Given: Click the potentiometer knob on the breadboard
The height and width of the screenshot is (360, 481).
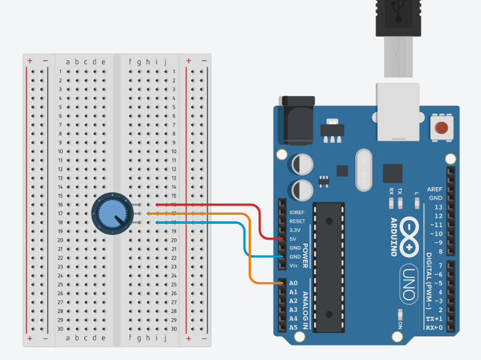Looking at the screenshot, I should point(110,213).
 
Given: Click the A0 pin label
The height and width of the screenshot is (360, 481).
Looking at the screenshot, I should point(293,283).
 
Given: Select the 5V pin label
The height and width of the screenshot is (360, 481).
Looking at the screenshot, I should point(293,239).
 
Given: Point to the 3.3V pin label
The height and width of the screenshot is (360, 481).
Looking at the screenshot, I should point(296,230).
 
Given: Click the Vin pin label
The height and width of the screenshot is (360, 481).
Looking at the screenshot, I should point(294,265).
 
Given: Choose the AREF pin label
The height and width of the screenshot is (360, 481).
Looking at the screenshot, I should point(435,189).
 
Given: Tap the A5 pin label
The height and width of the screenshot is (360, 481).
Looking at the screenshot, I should point(293,327).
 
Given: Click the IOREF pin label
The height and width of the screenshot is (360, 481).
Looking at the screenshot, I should point(296,212).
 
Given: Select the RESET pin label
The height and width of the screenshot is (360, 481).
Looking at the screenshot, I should point(297,221).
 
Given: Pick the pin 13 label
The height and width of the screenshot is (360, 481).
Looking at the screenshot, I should point(437,207).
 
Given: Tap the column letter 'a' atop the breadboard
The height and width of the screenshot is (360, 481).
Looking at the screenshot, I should point(68,62).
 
